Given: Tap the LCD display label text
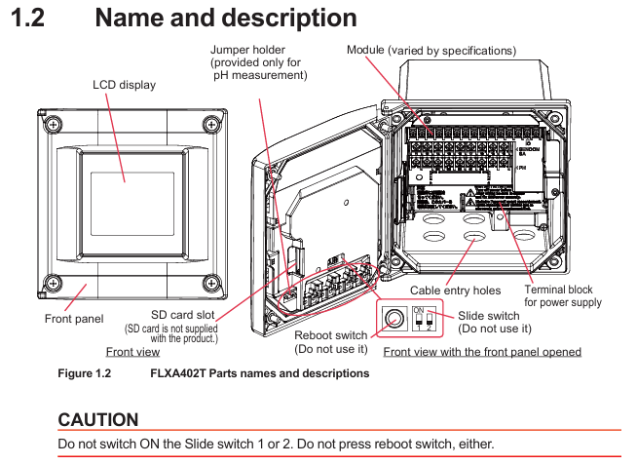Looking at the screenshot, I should tap(124, 85).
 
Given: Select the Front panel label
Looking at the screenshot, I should tap(73, 319).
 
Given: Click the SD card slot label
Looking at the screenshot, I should tap(184, 315).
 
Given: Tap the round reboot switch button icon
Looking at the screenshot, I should tap(394, 318).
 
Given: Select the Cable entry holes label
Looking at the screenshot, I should tap(455, 290).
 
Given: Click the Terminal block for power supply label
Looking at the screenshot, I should tap(563, 296).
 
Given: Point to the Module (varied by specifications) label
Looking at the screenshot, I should tap(431, 50).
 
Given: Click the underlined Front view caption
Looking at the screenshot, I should tap(132, 352).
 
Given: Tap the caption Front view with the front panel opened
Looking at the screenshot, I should tap(482, 352).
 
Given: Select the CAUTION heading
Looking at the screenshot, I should tap(98, 419).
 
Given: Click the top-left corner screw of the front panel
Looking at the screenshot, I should tap(51, 123).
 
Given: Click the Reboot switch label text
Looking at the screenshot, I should tap(331, 336).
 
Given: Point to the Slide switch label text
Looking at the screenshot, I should tap(488, 316).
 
